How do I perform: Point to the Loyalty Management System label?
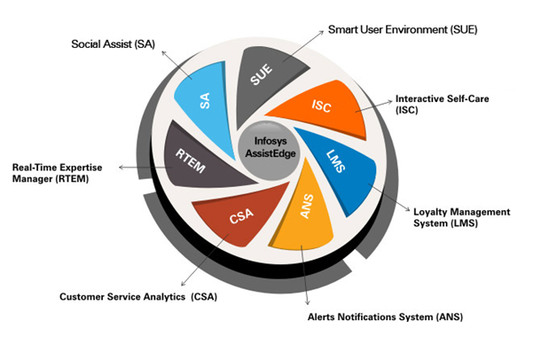[x=462, y=217]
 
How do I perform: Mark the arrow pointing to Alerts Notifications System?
[x=304, y=275]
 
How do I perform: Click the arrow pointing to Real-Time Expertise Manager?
[x=142, y=166]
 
